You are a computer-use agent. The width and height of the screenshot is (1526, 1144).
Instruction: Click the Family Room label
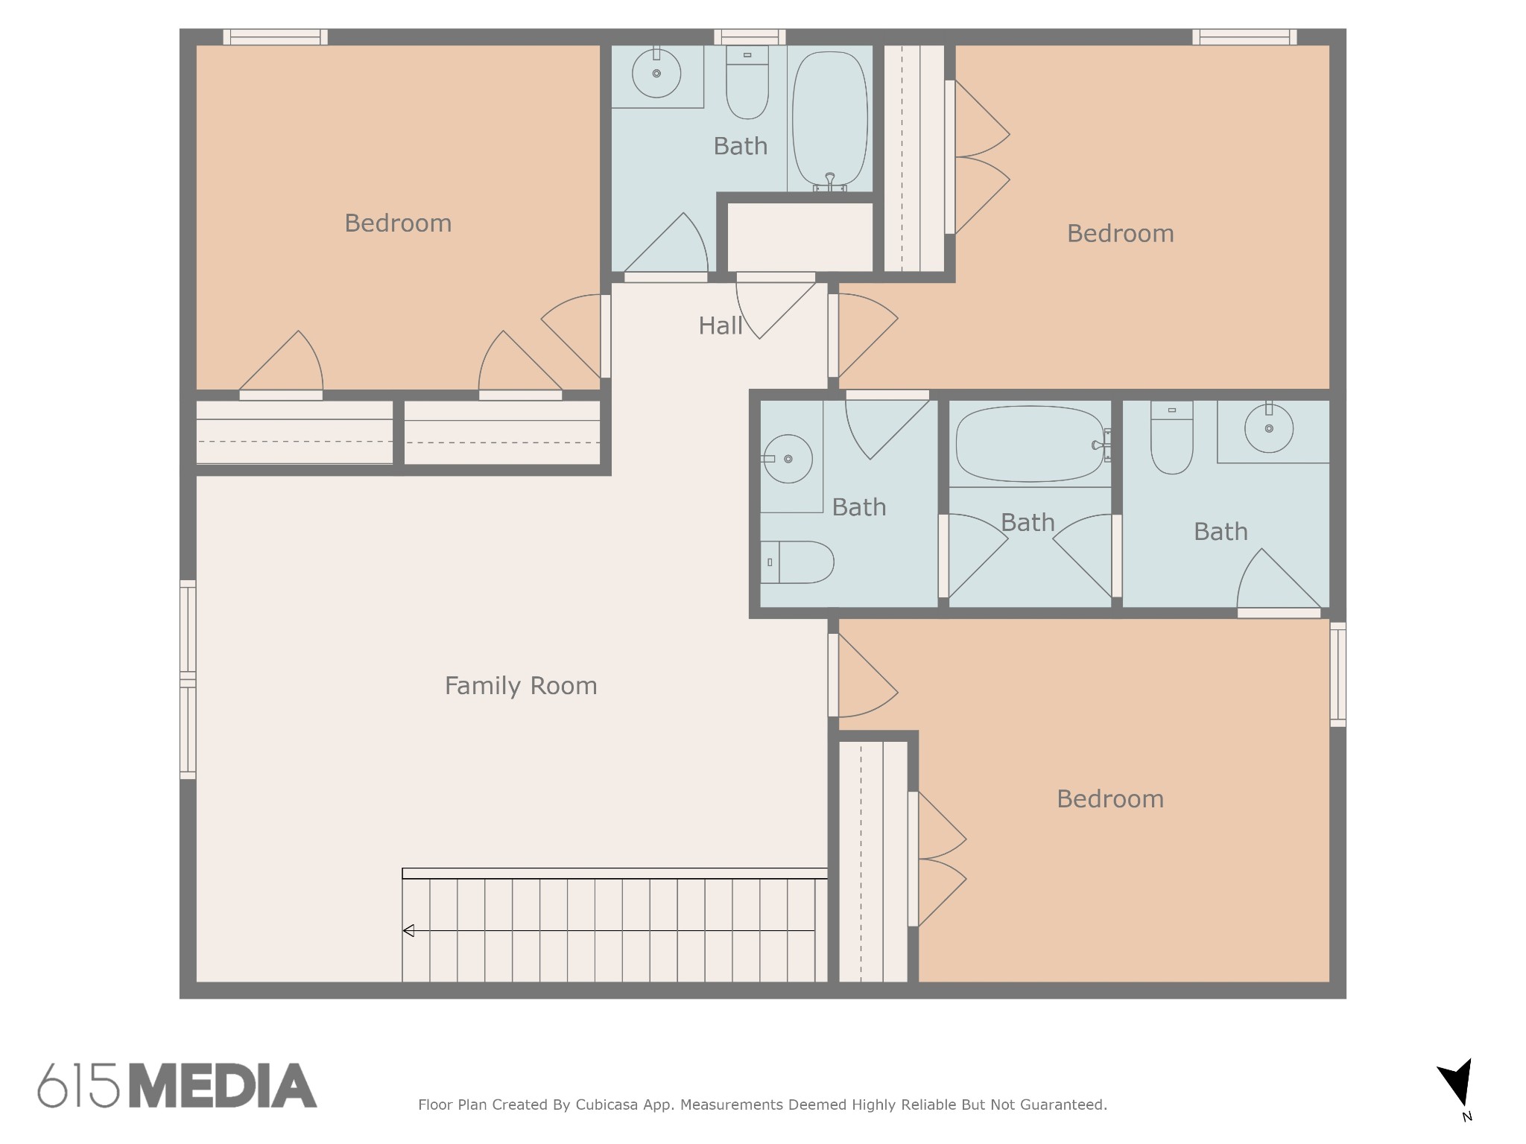(x=520, y=686)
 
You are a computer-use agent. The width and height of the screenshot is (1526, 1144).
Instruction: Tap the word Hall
(x=720, y=326)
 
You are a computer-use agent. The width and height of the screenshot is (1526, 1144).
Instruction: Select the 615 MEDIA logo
(x=177, y=1086)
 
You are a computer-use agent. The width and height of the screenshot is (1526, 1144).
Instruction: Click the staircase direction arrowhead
(x=408, y=931)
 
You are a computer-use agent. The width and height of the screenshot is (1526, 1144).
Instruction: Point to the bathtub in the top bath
(x=829, y=119)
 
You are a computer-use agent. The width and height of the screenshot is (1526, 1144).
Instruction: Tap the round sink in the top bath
(x=656, y=73)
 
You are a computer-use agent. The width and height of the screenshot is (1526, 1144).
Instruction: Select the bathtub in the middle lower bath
(x=1029, y=445)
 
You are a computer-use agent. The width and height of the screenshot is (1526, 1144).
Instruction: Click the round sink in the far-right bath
(x=1268, y=428)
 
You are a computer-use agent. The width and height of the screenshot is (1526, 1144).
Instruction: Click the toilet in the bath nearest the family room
(x=797, y=562)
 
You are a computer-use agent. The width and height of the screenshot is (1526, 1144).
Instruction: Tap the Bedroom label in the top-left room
(x=398, y=223)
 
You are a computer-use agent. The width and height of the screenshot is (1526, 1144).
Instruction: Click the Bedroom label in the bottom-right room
(x=1109, y=799)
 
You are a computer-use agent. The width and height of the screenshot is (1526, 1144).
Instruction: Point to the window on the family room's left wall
(x=188, y=679)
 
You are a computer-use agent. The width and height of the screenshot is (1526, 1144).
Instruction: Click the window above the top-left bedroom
(x=275, y=37)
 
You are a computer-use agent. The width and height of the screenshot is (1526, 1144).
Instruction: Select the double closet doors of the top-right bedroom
(x=978, y=157)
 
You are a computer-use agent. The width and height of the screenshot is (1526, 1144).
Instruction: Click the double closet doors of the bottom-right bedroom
(x=939, y=859)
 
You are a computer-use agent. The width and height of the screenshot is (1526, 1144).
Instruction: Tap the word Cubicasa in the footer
(x=606, y=1105)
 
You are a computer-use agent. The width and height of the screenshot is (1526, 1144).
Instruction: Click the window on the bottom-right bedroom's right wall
(x=1337, y=674)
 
